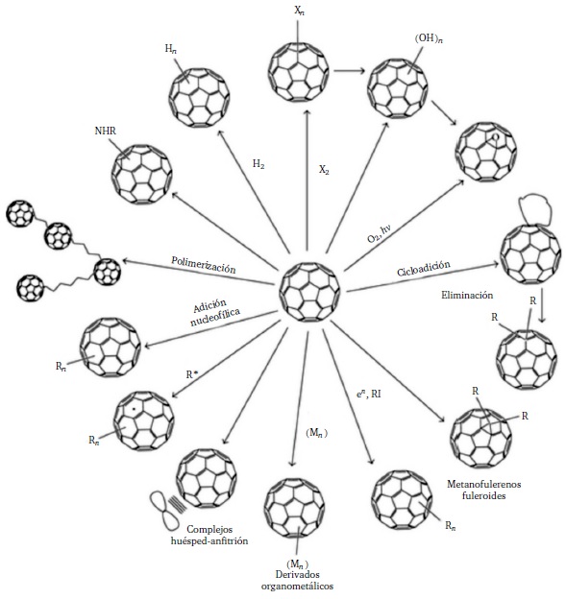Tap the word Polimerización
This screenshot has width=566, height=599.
click(203, 262)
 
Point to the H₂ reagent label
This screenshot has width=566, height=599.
click(258, 164)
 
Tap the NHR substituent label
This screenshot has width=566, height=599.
click(107, 131)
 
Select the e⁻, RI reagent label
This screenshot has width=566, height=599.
click(370, 392)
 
